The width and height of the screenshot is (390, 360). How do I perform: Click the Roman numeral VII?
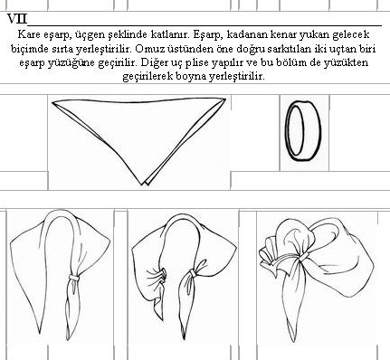[17, 19]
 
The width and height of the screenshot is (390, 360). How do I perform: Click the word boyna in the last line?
[191, 77]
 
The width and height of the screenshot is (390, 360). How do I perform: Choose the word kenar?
[283, 34]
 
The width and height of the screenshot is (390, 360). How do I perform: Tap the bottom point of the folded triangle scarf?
[143, 185]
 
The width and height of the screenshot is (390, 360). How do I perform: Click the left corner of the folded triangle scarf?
[52, 102]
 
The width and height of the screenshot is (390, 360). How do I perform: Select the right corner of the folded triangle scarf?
[225, 99]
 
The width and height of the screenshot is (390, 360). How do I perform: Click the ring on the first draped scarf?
[74, 277]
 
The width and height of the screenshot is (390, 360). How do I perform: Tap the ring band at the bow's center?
[304, 257]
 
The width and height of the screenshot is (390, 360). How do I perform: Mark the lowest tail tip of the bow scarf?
[293, 341]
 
